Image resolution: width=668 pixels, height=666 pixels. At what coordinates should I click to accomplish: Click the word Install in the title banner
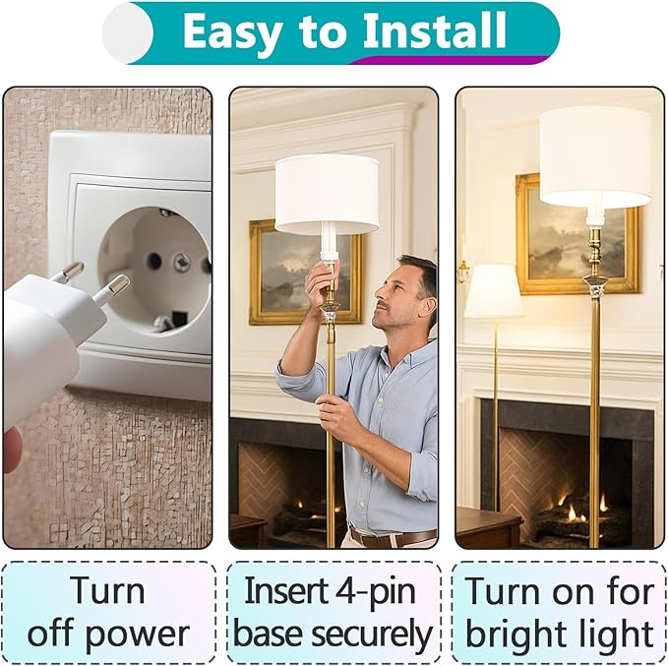434,30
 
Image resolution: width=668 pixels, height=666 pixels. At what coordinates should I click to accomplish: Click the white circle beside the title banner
127,32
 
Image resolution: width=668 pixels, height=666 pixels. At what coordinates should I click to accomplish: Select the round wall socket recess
154,270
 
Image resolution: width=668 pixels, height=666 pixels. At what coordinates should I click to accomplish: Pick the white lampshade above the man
327,195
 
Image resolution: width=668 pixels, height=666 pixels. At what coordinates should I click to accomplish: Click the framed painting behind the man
305,272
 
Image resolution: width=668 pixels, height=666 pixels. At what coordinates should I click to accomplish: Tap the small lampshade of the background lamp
493,291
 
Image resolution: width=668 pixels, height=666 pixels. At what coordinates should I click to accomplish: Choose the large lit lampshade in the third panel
595,156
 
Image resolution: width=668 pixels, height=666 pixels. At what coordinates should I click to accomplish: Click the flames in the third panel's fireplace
584,510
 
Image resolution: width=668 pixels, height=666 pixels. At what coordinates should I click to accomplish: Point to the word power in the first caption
137,635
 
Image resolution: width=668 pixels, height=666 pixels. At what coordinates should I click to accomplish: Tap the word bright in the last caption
525,634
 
